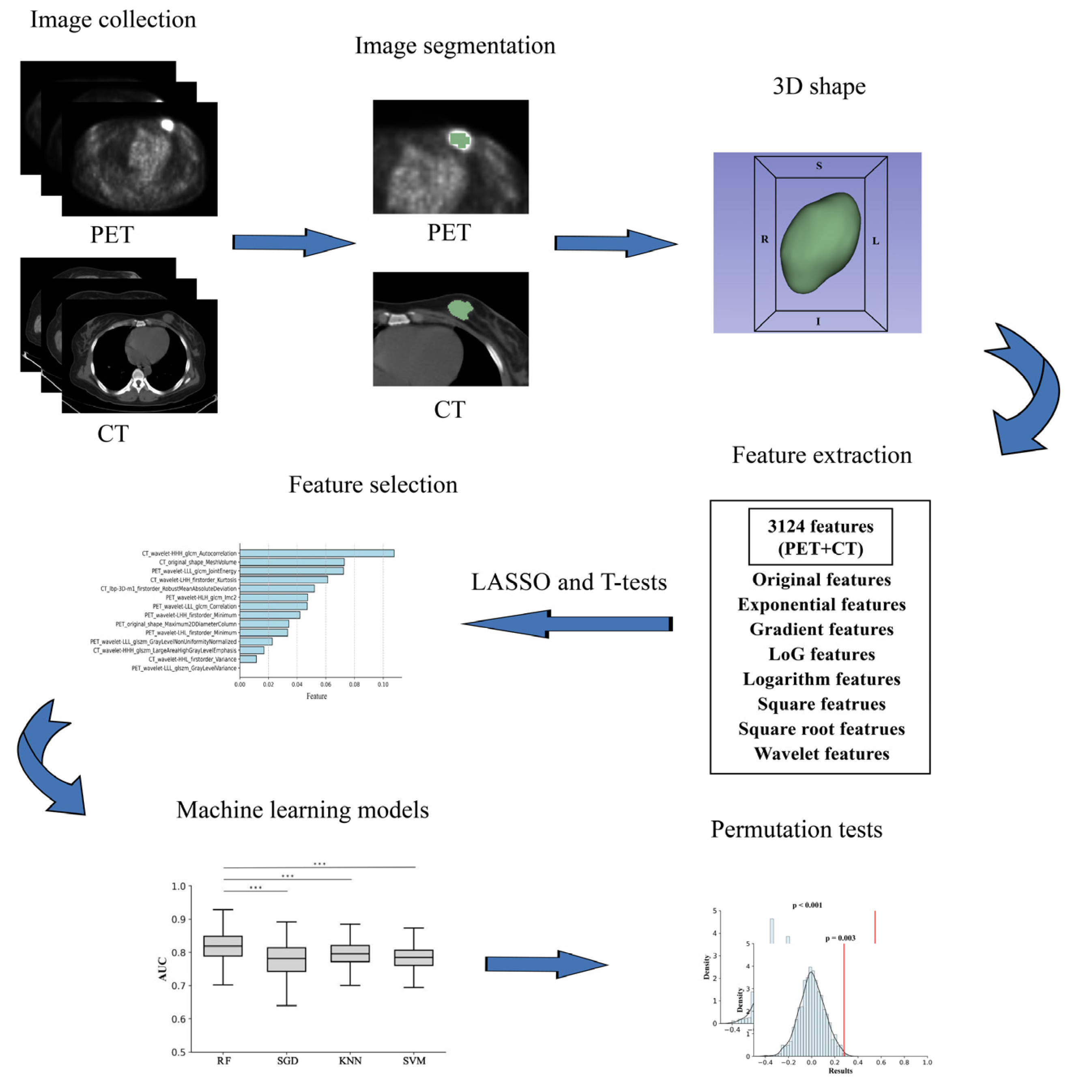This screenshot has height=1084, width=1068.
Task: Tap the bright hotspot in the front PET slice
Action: tap(167, 124)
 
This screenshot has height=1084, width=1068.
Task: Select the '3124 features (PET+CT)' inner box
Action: tap(820, 536)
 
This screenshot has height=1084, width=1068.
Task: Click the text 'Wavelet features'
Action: tap(821, 753)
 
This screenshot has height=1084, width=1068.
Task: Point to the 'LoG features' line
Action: tap(821, 654)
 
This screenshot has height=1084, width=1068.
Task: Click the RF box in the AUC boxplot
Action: tap(223, 946)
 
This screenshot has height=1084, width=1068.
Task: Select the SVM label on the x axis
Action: tap(414, 1060)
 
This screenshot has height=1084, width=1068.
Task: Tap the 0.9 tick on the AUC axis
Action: tap(178, 919)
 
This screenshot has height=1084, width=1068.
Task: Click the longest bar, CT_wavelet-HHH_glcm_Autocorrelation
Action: tap(317, 553)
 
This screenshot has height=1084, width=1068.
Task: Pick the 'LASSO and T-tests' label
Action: tap(569, 582)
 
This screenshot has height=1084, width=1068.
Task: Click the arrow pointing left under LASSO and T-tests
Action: tap(567, 624)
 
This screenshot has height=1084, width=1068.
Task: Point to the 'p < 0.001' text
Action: tap(807, 905)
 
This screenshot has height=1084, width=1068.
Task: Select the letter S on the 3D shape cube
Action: tap(819, 166)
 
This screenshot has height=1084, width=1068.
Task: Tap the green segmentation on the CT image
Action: tap(460, 309)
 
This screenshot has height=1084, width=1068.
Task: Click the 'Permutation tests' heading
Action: tap(796, 829)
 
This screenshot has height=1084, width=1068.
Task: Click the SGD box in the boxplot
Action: tap(287, 960)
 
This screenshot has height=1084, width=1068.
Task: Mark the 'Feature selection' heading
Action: tap(373, 484)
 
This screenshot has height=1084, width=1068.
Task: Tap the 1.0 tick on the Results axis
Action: tap(927, 1062)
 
